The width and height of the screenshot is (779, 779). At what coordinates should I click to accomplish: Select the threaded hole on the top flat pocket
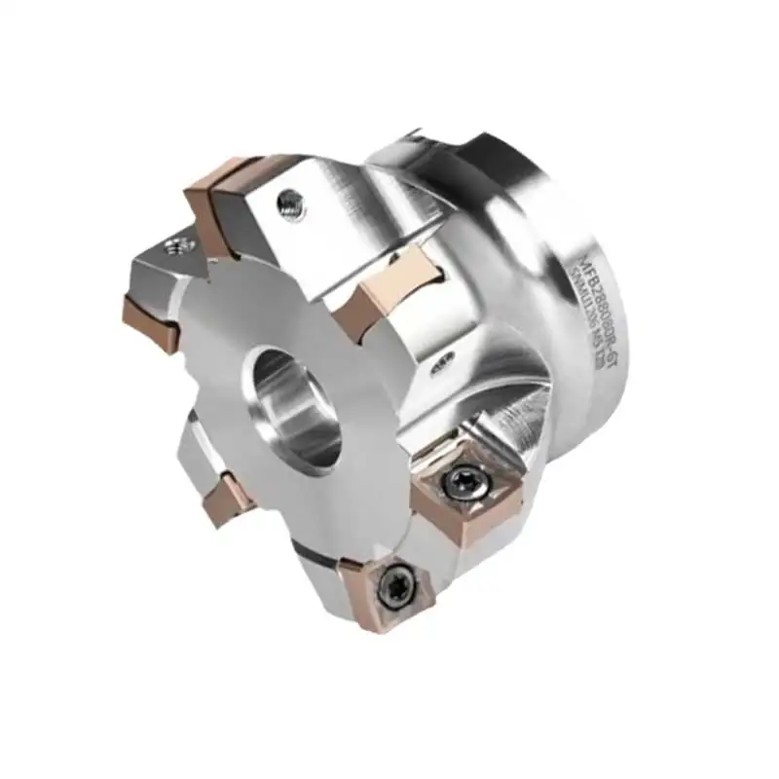pos(288,202)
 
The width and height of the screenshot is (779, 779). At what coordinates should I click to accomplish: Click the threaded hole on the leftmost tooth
pos(176,243)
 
